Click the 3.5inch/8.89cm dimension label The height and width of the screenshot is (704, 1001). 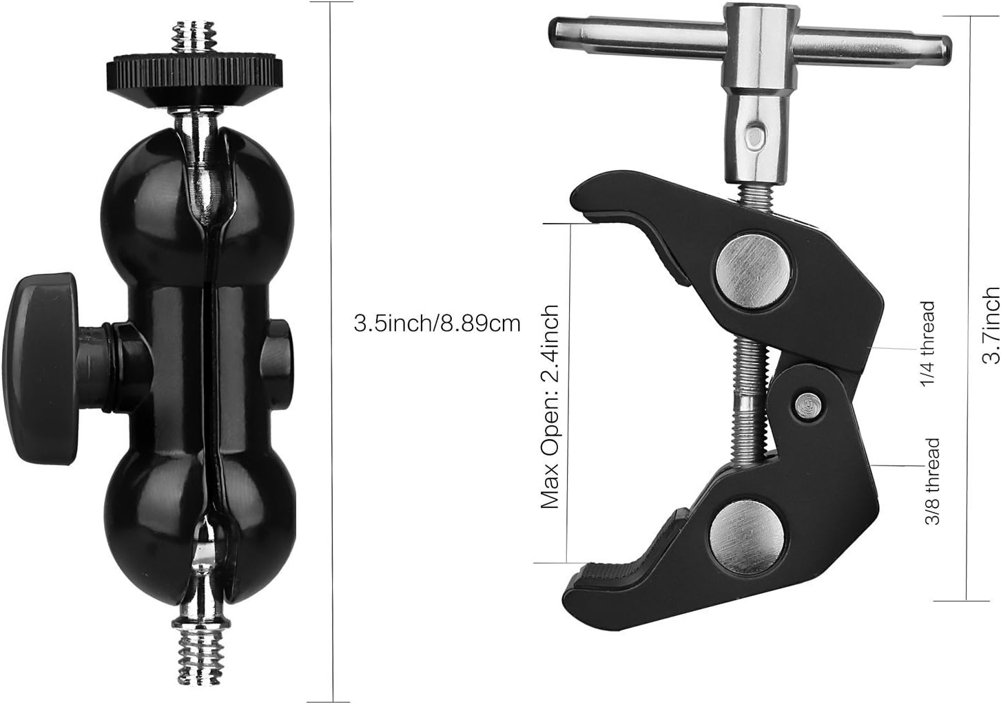click(x=437, y=323)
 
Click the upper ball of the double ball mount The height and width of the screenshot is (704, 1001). click(x=198, y=205)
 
